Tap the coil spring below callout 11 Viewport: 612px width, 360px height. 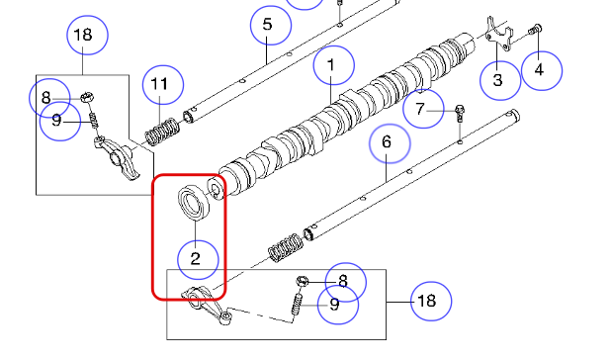(x=162, y=132)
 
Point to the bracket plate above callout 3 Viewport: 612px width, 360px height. (x=499, y=34)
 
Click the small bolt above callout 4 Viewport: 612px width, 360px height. (x=535, y=30)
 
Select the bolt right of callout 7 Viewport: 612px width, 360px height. (x=460, y=113)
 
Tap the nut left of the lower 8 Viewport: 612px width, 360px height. (x=303, y=281)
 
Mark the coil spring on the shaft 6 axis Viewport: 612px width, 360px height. (x=286, y=248)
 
